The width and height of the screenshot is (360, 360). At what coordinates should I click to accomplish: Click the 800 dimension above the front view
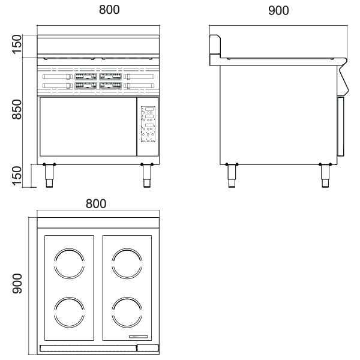click(99, 10)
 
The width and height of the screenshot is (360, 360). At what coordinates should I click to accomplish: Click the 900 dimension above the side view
click(278, 10)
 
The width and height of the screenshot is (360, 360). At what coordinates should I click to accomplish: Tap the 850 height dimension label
click(17, 109)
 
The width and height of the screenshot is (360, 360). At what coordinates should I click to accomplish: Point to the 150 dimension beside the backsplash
click(17, 45)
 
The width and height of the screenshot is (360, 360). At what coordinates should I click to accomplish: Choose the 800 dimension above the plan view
click(96, 203)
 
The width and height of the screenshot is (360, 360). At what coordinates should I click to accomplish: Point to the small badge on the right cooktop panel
click(142, 335)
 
